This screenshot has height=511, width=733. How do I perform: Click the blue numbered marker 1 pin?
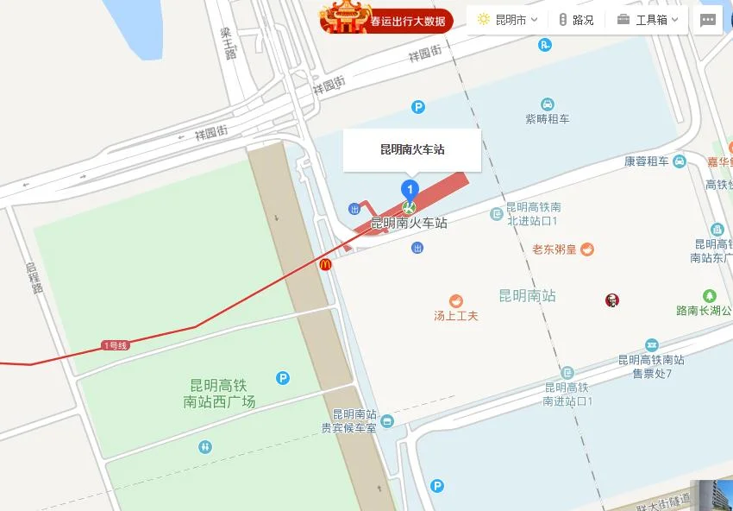click(410, 189)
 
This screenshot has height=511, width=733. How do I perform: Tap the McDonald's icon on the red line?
click(326, 265)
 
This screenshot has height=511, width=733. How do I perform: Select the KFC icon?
click(612, 300)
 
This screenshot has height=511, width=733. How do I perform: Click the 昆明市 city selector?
click(508, 20)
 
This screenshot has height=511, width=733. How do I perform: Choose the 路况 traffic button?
click(576, 20)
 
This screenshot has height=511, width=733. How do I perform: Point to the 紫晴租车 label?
click(548, 119)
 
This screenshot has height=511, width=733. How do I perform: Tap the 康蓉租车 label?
click(647, 161)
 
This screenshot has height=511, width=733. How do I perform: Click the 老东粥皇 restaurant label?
click(554, 249)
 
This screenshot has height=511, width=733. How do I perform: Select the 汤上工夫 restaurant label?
click(455, 316)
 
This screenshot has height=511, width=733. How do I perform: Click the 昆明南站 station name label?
click(527, 296)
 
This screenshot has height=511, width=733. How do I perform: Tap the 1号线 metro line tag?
click(115, 346)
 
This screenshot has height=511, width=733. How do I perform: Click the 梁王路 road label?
click(227, 43)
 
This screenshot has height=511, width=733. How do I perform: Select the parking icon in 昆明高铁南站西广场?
click(283, 377)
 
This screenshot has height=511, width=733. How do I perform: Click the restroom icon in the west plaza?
click(204, 446)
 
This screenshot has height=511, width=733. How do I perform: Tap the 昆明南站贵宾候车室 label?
click(354, 420)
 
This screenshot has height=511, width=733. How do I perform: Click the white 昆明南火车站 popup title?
click(412, 149)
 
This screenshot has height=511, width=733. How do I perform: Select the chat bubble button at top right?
click(708, 20)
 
